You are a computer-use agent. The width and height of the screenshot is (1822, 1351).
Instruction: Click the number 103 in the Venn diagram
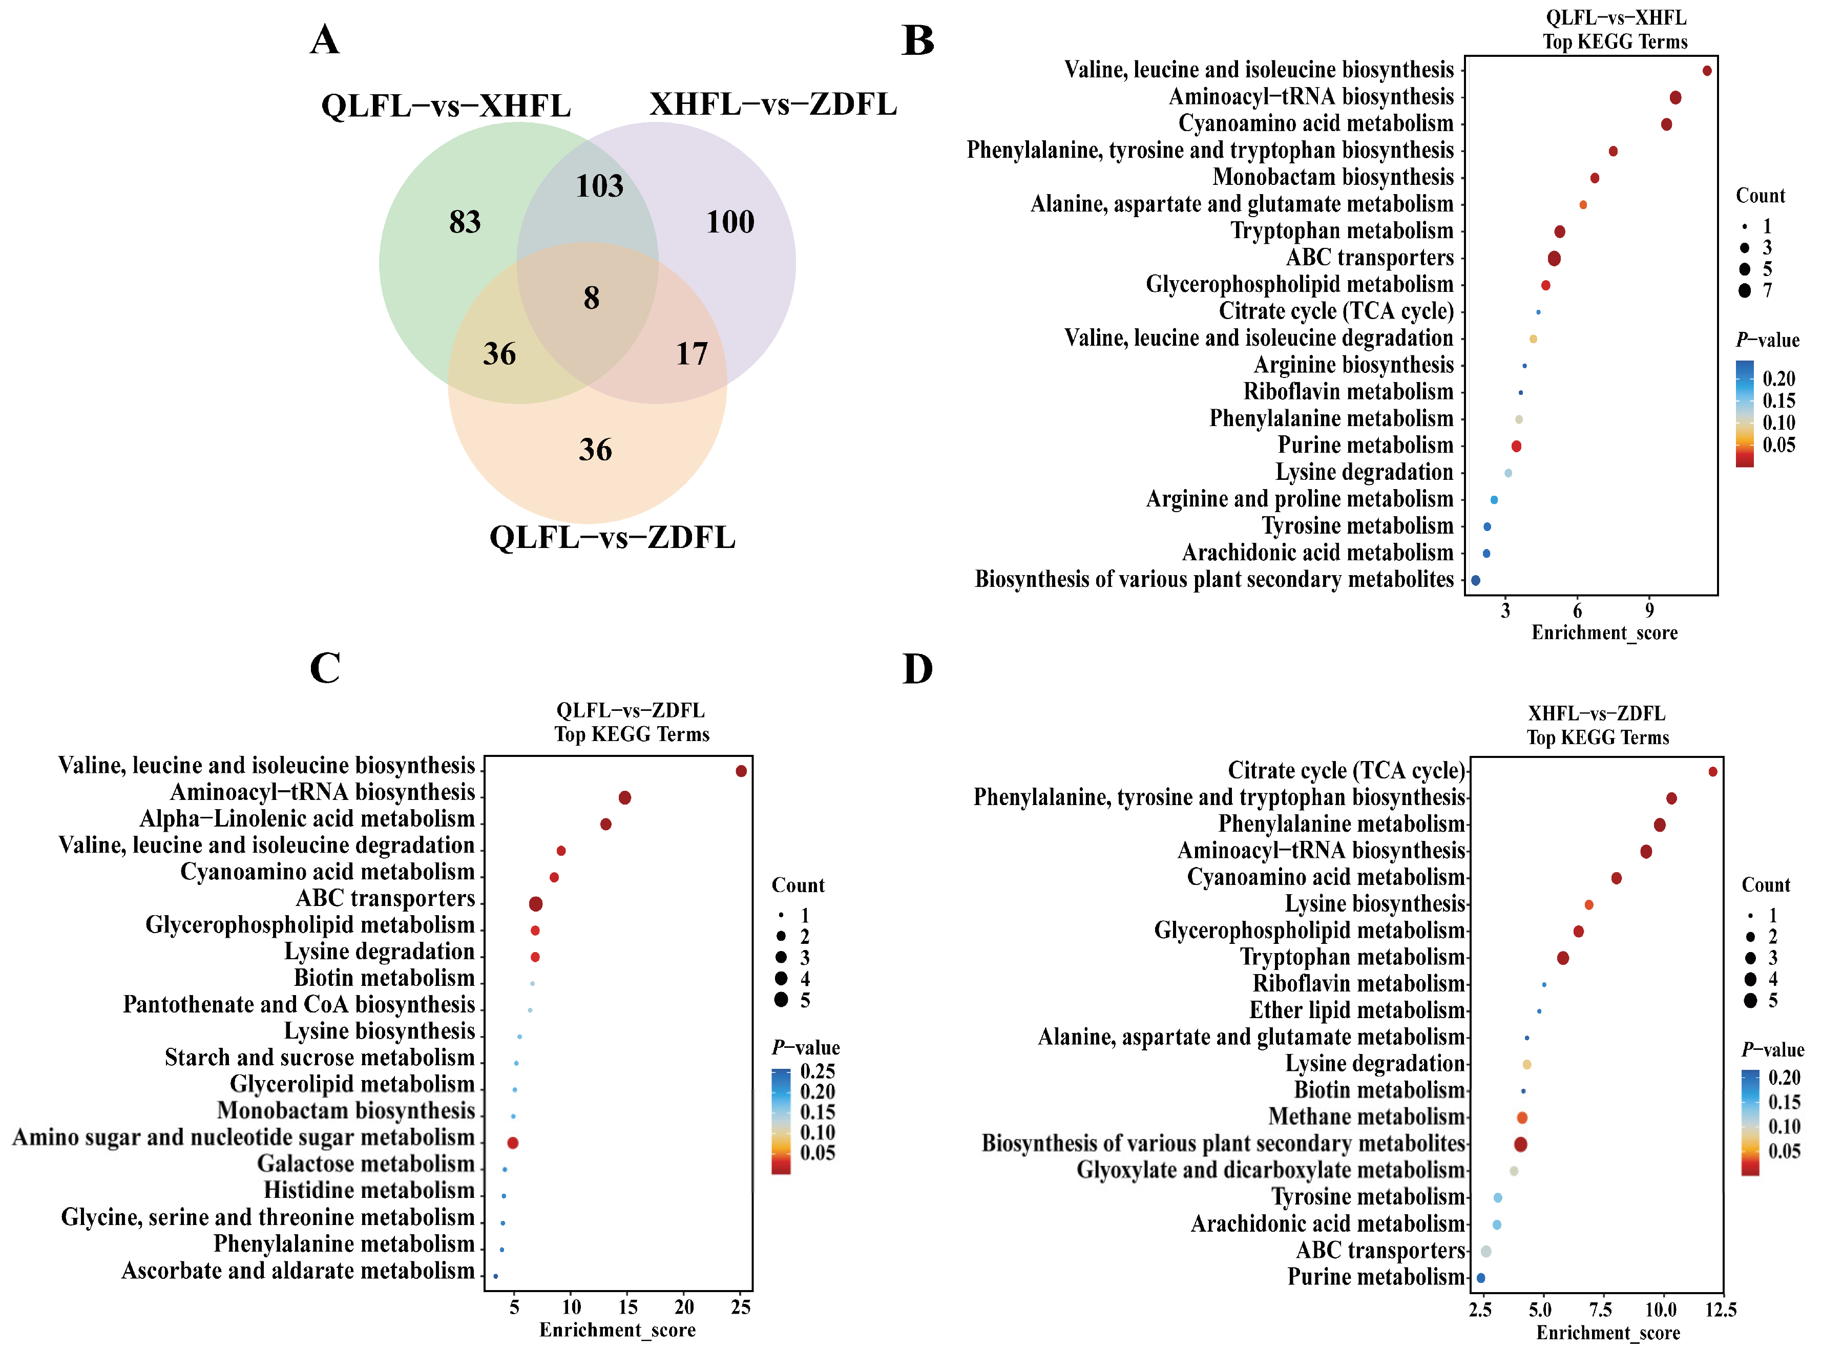point(599,186)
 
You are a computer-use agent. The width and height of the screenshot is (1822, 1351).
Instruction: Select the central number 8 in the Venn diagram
point(591,298)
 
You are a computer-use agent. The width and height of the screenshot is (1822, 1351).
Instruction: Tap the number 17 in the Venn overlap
point(692,353)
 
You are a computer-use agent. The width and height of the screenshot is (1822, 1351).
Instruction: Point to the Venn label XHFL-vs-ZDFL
point(773,104)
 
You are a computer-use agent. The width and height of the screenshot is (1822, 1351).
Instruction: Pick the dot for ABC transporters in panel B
point(1554,259)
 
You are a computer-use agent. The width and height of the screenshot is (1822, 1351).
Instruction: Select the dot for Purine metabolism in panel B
point(1516,447)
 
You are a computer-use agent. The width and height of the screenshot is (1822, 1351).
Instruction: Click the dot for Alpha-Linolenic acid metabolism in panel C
point(606,825)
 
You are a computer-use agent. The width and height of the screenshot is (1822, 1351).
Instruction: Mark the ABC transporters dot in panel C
point(536,904)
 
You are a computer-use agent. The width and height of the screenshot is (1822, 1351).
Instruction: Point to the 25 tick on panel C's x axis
point(741,1307)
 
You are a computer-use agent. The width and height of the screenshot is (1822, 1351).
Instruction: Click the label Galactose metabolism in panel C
point(366,1164)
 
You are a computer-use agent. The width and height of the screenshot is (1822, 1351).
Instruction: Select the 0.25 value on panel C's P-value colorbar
point(817,1071)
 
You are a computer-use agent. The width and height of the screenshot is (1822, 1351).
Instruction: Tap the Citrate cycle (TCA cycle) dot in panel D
point(1712,772)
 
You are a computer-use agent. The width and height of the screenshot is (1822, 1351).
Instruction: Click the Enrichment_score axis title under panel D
point(1608,1333)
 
